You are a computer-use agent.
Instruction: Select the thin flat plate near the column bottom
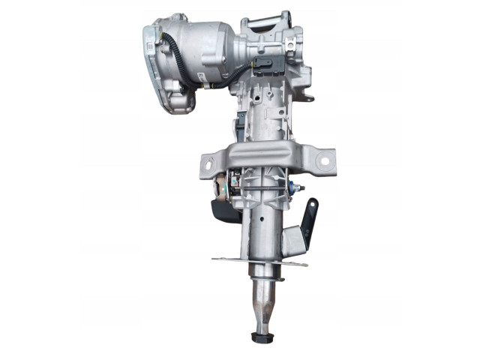pos(259,262)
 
